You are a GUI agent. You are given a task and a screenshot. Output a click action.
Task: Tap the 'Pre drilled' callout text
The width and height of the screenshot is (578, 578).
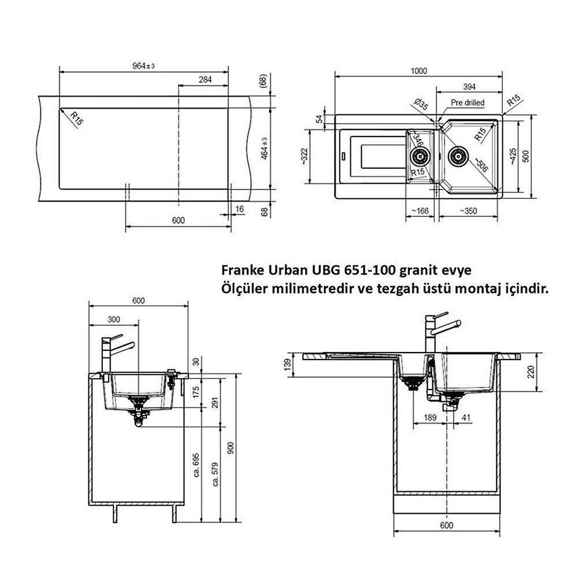(x=467, y=102)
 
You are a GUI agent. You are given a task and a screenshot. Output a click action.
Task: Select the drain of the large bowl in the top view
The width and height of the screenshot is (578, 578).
(x=458, y=155)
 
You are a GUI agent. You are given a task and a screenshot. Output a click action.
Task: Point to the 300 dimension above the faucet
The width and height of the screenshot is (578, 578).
(x=114, y=318)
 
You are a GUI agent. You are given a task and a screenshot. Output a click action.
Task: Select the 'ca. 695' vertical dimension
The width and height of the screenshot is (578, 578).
(x=197, y=464)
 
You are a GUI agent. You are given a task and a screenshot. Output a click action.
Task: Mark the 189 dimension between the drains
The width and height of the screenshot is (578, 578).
(x=428, y=418)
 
